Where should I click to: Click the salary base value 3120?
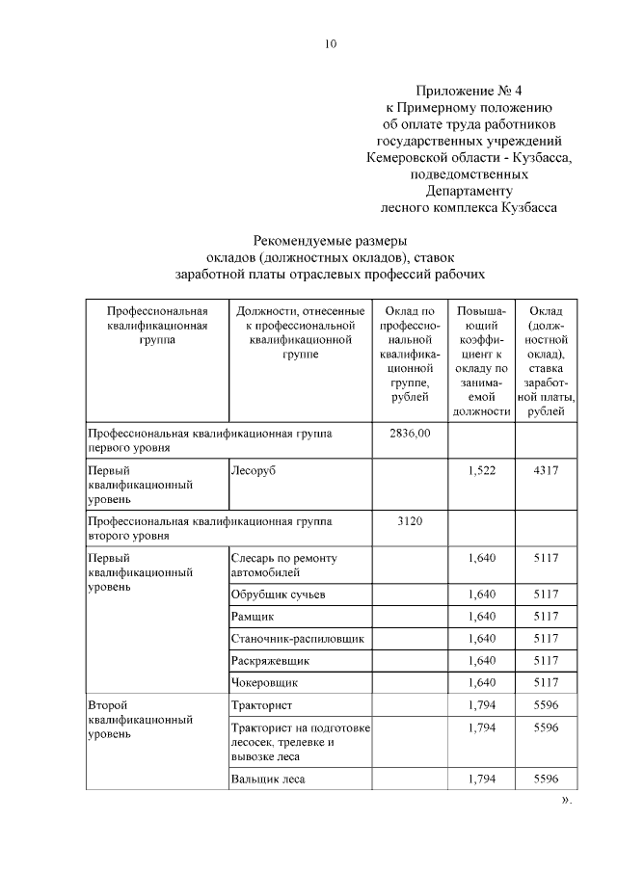pyautogui.click(x=410, y=521)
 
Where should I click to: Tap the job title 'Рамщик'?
pyautogui.click(x=253, y=616)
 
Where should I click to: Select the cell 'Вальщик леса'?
pyautogui.click(x=268, y=779)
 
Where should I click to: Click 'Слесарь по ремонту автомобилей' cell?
pyautogui.click(x=283, y=565)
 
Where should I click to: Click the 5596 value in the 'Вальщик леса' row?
pyautogui.click(x=546, y=779)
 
